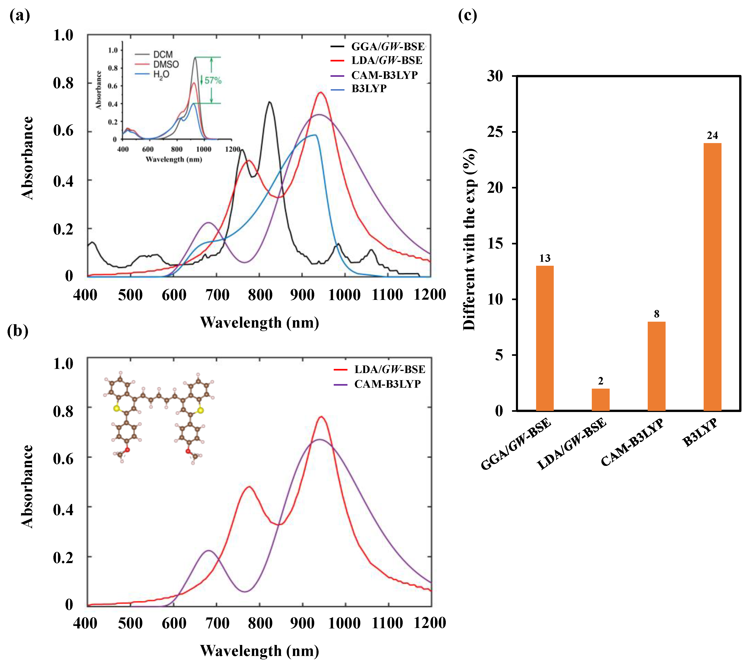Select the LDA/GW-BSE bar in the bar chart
click(600, 399)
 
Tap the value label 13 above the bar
click(545, 258)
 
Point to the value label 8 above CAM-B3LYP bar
click(656, 314)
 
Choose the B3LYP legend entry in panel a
click(369, 89)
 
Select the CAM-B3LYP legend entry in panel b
click(387, 384)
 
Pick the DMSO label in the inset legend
click(166, 64)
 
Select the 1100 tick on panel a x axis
click(387, 295)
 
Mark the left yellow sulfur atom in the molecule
click(117, 408)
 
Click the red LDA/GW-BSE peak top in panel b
click(321, 417)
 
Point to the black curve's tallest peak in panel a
click(270, 102)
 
